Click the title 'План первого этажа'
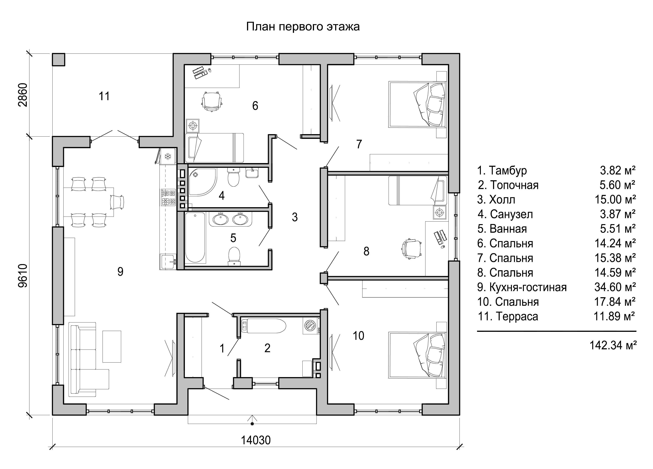[303, 27]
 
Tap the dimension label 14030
[256, 440]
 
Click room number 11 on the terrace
[104, 96]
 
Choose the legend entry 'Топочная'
[514, 185]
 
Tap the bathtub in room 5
[195, 238]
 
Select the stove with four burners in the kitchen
[168, 197]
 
